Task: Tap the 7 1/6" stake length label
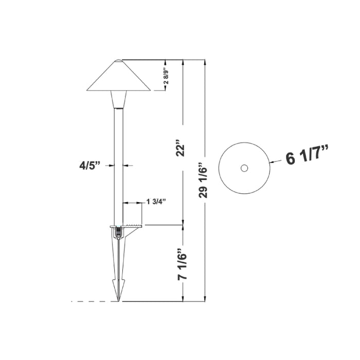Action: pos(184,263)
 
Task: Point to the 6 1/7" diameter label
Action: pos(308,156)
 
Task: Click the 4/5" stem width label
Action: pos(89,165)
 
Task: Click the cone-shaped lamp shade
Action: pos(118,77)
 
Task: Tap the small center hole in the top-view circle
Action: pos(244,168)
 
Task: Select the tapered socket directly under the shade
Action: pos(118,100)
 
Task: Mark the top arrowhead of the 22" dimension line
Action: pos(184,62)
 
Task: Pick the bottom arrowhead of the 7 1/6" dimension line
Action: pos(184,299)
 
